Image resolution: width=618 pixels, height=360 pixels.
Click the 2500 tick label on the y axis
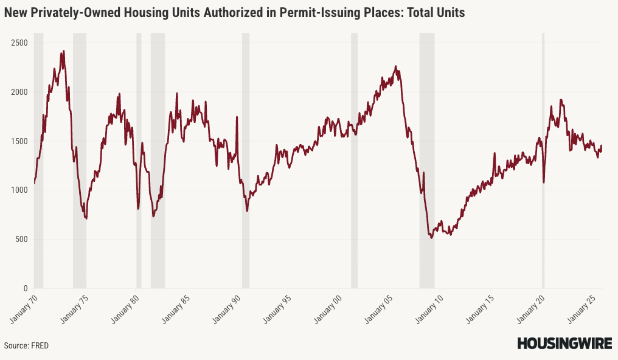(19, 43)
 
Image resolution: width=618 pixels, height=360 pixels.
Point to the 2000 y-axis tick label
(19, 92)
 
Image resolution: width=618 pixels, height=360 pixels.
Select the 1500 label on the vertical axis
(19, 141)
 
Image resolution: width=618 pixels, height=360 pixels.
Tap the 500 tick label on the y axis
(21, 239)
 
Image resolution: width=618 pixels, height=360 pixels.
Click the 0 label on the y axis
(25, 288)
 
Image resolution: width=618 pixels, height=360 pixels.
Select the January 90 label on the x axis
(227, 308)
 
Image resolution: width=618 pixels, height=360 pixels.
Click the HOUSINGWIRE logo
(564, 344)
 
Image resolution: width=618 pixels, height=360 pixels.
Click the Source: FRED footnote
(26, 345)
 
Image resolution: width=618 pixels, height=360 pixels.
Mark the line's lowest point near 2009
(431, 237)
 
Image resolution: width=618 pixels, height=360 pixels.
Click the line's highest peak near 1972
(63, 51)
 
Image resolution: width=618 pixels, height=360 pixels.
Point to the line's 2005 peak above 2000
(396, 66)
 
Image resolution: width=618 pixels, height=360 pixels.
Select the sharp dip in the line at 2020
(544, 182)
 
